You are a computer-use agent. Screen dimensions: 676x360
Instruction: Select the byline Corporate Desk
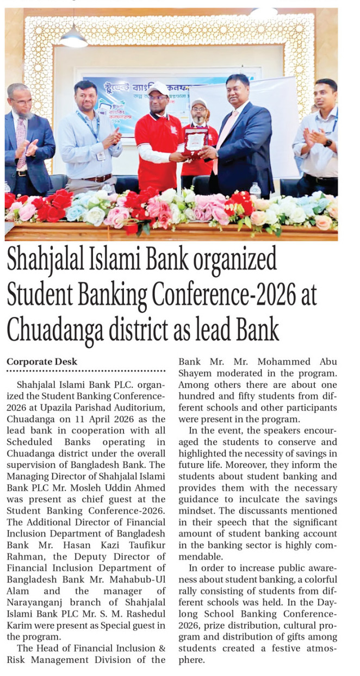point(42,362)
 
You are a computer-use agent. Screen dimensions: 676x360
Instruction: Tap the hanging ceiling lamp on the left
point(73,38)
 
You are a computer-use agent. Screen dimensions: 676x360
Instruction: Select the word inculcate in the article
point(263,499)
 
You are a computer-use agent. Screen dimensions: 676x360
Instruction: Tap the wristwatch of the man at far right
point(327,143)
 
